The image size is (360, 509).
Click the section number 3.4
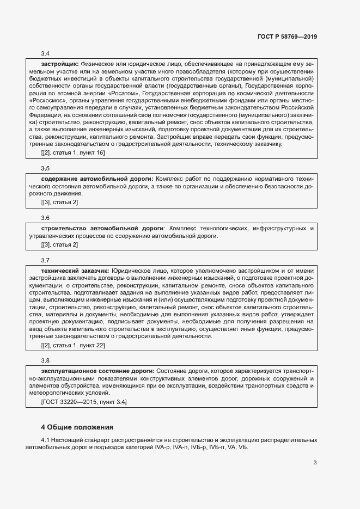[45, 53]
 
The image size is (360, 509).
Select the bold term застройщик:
[60, 63]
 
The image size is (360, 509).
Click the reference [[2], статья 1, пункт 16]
[74, 152]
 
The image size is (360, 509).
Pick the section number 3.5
[45, 168]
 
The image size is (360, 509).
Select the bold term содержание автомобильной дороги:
[97, 178]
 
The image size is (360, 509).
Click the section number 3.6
[45, 218]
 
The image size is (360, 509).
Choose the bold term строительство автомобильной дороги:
[103, 228]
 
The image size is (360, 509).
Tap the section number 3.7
[45, 260]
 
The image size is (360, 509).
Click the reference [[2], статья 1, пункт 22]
[74, 345]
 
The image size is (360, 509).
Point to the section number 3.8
[45, 360]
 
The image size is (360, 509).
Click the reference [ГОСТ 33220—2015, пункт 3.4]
[84, 401]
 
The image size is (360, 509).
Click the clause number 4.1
[46, 439]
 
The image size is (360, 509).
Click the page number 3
[315, 463]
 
